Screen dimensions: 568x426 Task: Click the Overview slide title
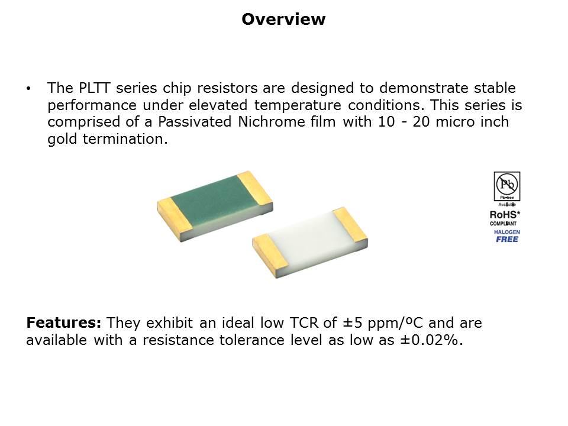click(283, 19)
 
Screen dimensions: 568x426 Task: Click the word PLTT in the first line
click(94, 88)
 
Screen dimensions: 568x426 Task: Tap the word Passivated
click(195, 122)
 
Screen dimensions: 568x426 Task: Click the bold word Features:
click(64, 323)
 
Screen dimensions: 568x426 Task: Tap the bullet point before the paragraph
click(28, 88)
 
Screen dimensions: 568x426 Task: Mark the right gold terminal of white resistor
click(350, 226)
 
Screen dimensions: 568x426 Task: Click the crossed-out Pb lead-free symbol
click(507, 185)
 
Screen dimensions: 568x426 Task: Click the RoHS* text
click(505, 215)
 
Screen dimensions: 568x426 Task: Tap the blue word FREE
click(507, 239)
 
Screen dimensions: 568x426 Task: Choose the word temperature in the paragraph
click(298, 105)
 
